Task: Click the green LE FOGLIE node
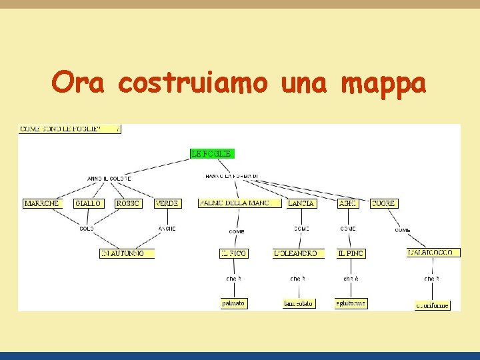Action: (x=212, y=153)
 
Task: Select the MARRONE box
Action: (x=41, y=203)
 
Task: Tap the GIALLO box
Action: (x=88, y=203)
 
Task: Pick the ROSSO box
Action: (x=127, y=203)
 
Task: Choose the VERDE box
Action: (x=167, y=203)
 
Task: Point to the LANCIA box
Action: (x=301, y=203)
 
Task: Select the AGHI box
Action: (x=347, y=203)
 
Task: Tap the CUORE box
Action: (x=383, y=203)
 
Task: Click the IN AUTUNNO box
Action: (x=127, y=253)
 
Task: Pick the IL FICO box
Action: (x=234, y=253)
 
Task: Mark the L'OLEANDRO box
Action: (x=298, y=253)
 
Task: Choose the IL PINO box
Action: (x=351, y=253)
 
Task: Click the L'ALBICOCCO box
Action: (x=433, y=253)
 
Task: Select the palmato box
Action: (x=233, y=303)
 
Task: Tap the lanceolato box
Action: (x=298, y=303)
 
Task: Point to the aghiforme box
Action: (x=351, y=303)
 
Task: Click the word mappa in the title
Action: (x=383, y=84)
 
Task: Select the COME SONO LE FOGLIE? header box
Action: (x=69, y=128)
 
